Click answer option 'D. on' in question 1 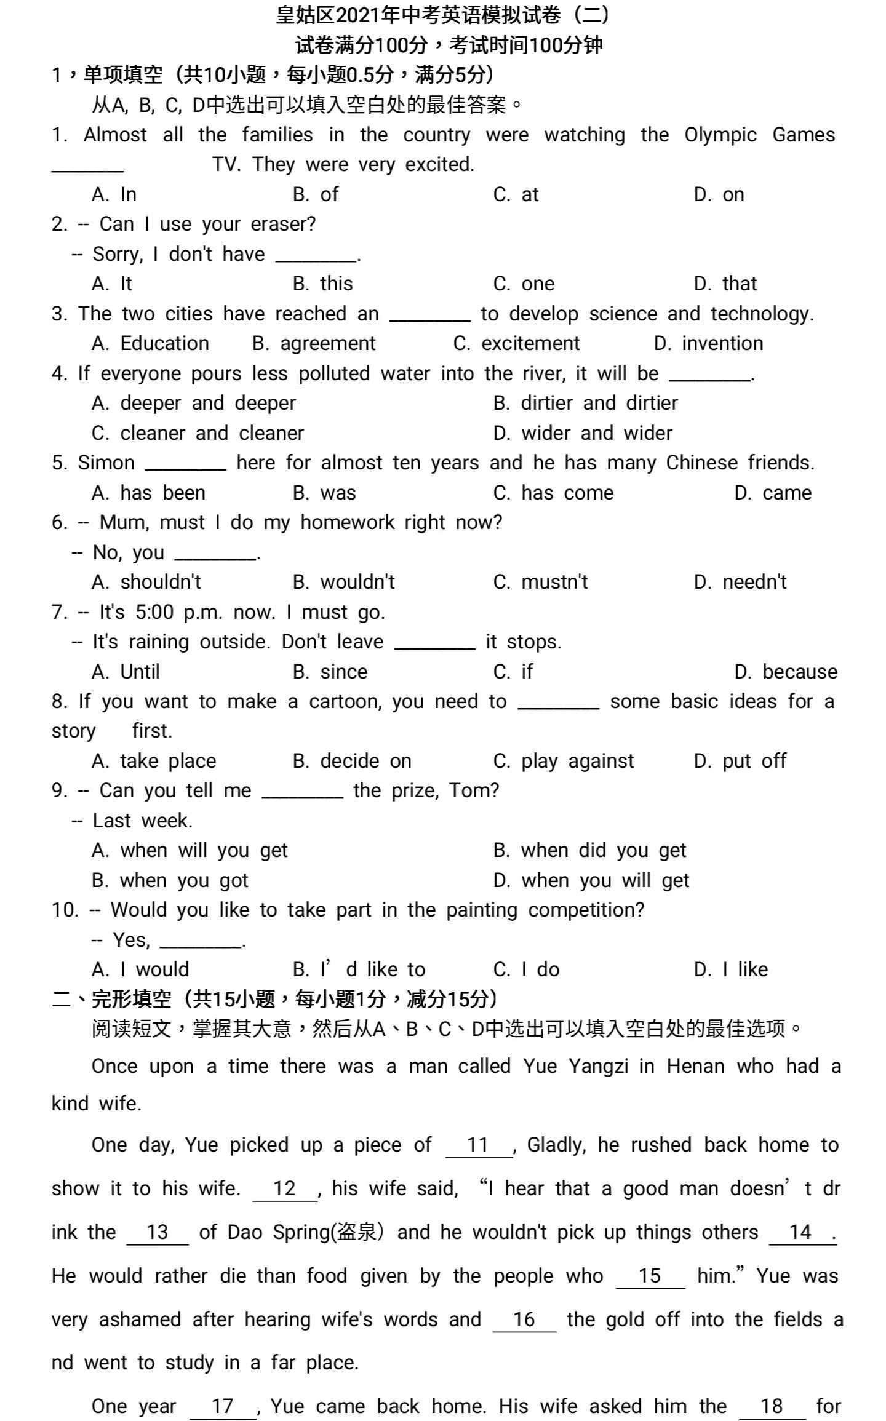719,194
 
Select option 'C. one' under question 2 524,284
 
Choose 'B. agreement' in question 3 314,343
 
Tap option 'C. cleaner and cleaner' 198,433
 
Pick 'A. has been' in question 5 148,493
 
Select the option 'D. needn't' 740,582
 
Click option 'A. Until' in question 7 126,672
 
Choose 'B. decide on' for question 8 352,761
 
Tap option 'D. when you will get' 591,880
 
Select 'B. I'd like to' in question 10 359,969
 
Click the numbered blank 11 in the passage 478,1145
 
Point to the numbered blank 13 158,1232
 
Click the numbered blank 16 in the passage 524,1319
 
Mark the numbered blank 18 772,1406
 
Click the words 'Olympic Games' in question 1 759,135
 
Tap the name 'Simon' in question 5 106,463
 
